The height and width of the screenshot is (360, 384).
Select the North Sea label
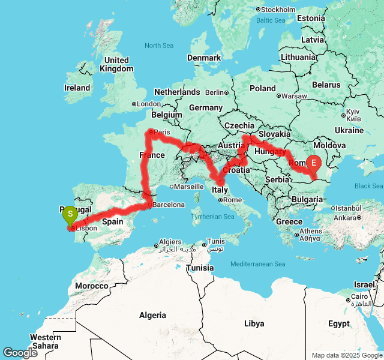click(x=159, y=46)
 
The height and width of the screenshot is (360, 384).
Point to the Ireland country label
click(x=77, y=88)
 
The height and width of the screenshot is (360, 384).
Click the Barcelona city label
click(x=169, y=205)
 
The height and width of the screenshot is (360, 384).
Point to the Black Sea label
click(x=368, y=186)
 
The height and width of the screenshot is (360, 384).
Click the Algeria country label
click(x=152, y=315)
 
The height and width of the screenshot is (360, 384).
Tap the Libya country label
click(x=254, y=323)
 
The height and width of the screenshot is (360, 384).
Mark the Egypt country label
click(x=338, y=323)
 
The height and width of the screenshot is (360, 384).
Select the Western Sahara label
click(x=46, y=341)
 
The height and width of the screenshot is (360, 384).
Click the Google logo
click(x=20, y=353)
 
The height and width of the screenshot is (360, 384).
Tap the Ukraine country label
click(x=349, y=130)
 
